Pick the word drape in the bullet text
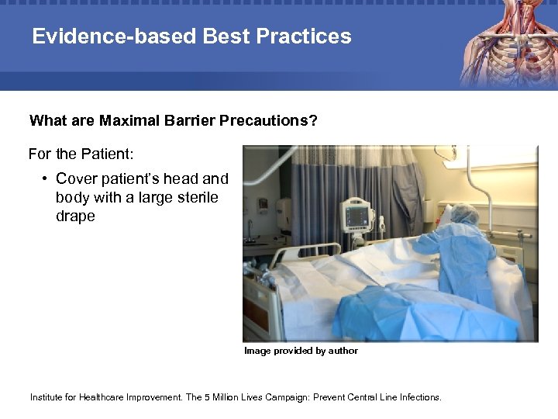point(75,216)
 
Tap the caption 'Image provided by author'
point(301,351)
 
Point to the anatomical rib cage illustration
point(507,43)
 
